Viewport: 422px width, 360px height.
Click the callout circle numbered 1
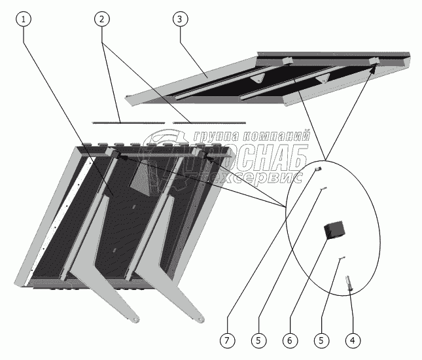click(x=24, y=19)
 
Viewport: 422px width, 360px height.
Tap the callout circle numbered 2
click(x=101, y=19)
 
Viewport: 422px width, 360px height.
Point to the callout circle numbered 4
click(x=353, y=340)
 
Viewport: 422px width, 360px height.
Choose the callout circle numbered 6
click(x=288, y=340)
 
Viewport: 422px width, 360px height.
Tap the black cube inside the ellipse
click(x=336, y=230)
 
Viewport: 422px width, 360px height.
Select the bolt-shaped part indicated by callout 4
click(x=349, y=283)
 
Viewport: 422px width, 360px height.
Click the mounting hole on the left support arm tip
click(x=134, y=319)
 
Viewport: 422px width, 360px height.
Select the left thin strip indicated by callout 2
click(x=128, y=122)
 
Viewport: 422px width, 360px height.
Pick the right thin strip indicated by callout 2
click(x=209, y=122)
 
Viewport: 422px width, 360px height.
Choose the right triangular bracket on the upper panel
click(x=321, y=79)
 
